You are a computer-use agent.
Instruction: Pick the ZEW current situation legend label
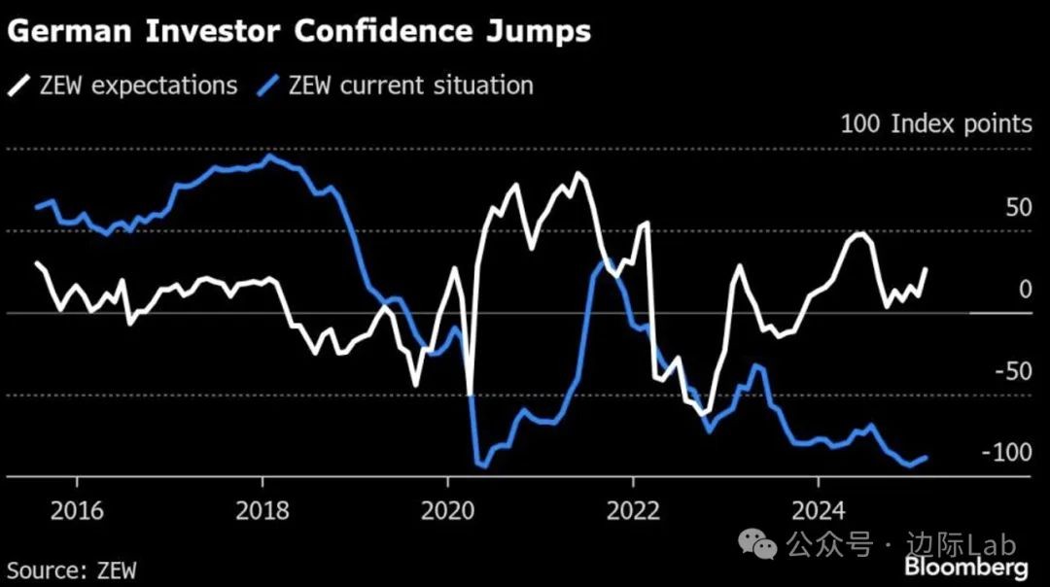pos(410,86)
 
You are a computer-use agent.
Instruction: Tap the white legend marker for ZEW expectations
pos(18,86)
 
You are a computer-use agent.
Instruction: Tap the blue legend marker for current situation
pos(269,86)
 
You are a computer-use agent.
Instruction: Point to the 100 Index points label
pos(935,124)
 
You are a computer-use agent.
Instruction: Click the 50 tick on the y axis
pos(1015,207)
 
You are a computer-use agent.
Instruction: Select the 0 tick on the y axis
pos(1024,290)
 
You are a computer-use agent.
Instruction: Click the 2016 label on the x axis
pos(76,510)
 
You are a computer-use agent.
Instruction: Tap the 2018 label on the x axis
pos(262,510)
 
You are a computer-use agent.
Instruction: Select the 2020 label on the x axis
pos(447,510)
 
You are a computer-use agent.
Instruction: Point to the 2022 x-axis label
pos(633,510)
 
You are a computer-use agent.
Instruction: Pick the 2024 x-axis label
pos(819,510)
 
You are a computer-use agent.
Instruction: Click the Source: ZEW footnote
pos(72,570)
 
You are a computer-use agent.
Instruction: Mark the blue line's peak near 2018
pos(269,155)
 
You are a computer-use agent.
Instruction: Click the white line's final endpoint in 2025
pos(926,269)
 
